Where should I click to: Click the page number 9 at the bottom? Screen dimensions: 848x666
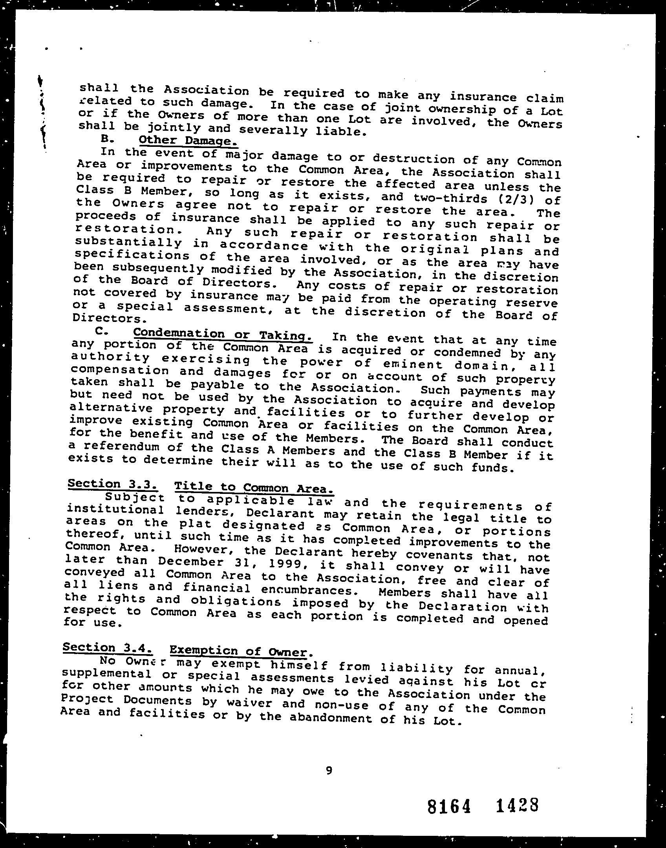tap(329, 771)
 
